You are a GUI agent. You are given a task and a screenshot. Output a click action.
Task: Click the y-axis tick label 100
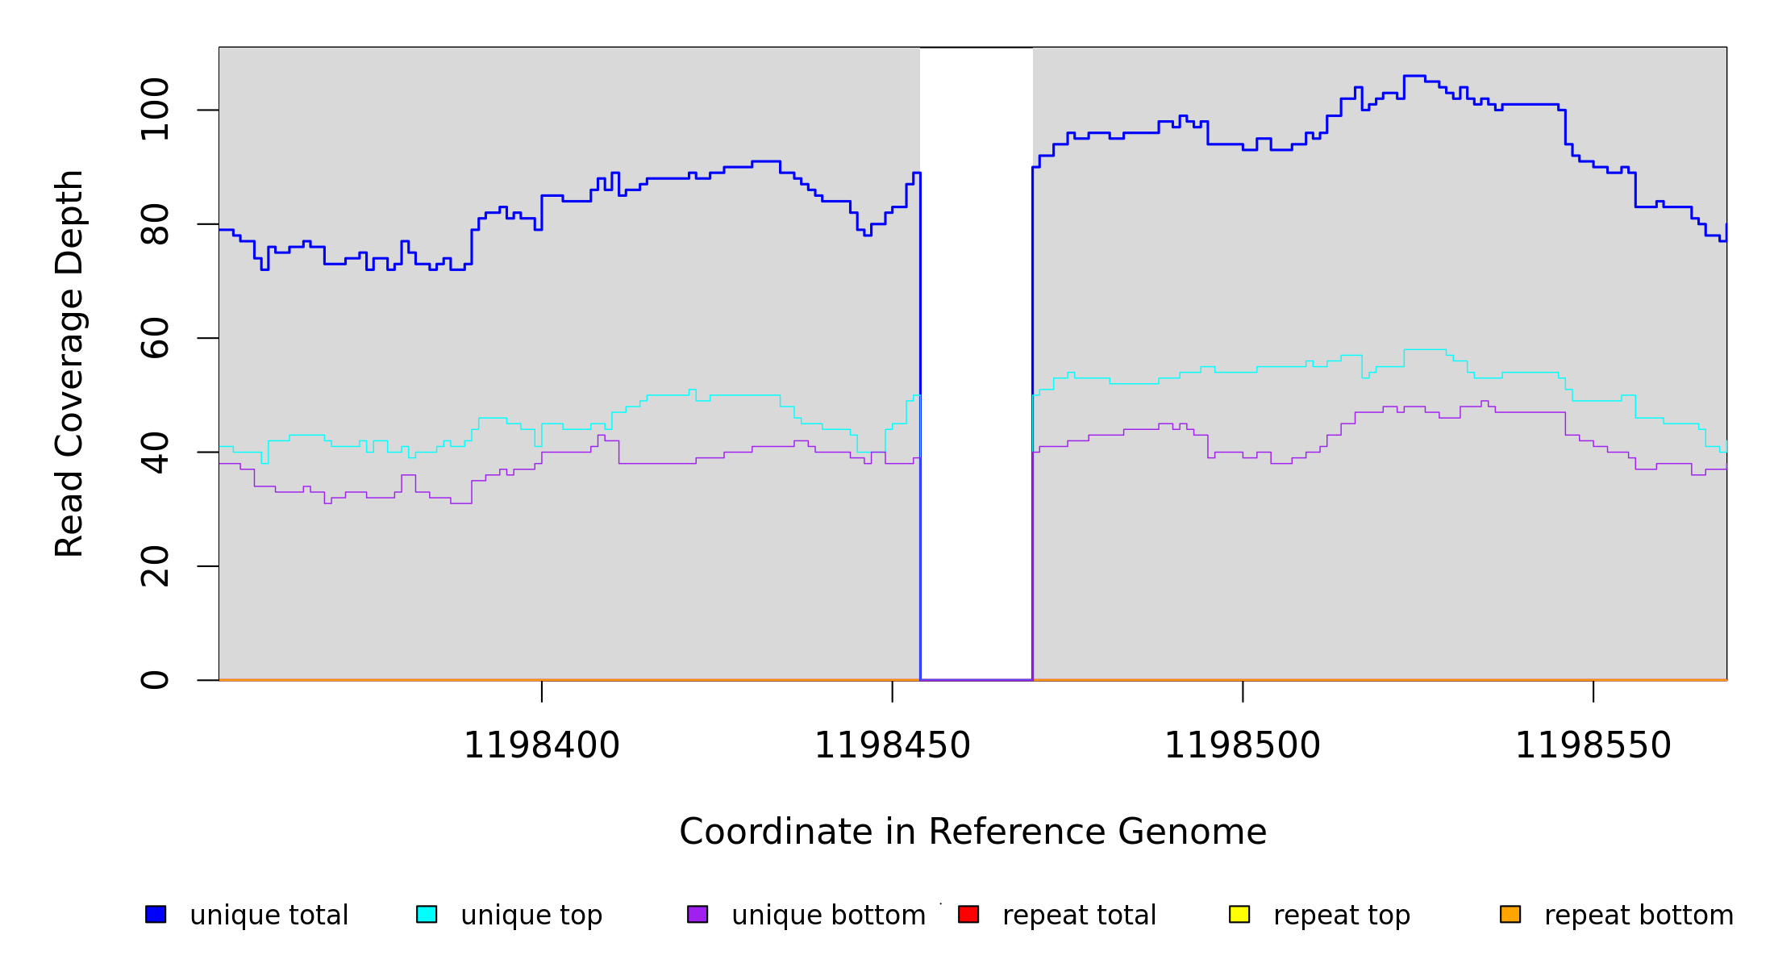pyautogui.click(x=155, y=110)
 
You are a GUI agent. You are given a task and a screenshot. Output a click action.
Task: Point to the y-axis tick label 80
pyautogui.click(x=155, y=224)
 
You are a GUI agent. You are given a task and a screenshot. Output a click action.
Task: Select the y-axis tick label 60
pyautogui.click(x=155, y=338)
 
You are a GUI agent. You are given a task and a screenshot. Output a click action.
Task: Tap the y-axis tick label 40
pyautogui.click(x=155, y=452)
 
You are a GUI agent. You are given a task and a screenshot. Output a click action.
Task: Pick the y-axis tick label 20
pyautogui.click(x=155, y=566)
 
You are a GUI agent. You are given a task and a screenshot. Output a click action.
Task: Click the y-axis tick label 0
pyautogui.click(x=155, y=680)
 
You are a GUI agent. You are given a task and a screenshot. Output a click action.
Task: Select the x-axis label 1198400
pyautogui.click(x=541, y=746)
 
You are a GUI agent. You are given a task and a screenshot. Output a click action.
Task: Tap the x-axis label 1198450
pyautogui.click(x=892, y=746)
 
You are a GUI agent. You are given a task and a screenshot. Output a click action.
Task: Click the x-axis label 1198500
pyautogui.click(x=1242, y=746)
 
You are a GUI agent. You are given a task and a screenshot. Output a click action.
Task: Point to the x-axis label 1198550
pyautogui.click(x=1593, y=746)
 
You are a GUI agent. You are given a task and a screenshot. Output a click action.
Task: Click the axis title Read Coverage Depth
pyautogui.click(x=69, y=363)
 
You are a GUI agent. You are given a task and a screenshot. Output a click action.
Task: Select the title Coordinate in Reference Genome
pyautogui.click(x=972, y=832)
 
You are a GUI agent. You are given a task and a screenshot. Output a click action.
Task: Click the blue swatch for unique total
pyautogui.click(x=156, y=914)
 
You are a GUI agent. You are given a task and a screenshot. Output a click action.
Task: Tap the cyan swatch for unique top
pyautogui.click(x=427, y=914)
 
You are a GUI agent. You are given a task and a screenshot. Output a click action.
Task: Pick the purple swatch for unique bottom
pyautogui.click(x=698, y=914)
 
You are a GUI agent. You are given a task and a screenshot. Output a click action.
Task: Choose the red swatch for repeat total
pyautogui.click(x=968, y=914)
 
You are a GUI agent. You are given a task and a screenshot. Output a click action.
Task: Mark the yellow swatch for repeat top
pyautogui.click(x=1239, y=914)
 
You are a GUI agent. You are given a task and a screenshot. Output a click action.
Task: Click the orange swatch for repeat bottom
pyautogui.click(x=1510, y=914)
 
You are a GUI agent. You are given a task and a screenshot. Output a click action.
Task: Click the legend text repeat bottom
pyautogui.click(x=1639, y=916)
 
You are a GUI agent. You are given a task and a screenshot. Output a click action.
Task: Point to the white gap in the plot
pyautogui.click(x=976, y=363)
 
